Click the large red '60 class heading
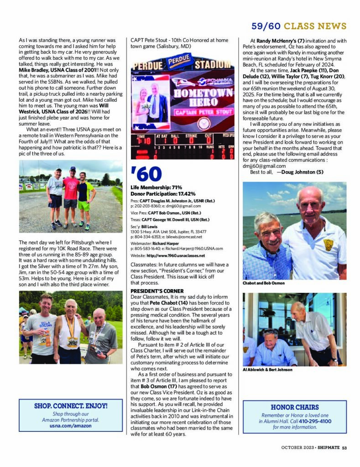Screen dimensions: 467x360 tap(146, 174)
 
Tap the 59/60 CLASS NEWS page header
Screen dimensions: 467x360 tap(299, 26)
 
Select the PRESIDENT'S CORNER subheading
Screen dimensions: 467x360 tap(157, 291)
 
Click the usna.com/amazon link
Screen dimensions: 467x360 tap(70, 425)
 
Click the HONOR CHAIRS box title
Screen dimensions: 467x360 tap(294, 407)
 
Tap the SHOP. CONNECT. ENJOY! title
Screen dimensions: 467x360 tap(71, 405)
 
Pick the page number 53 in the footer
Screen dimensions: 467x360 tap(344, 447)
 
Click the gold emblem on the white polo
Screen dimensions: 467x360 tap(328, 244)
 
